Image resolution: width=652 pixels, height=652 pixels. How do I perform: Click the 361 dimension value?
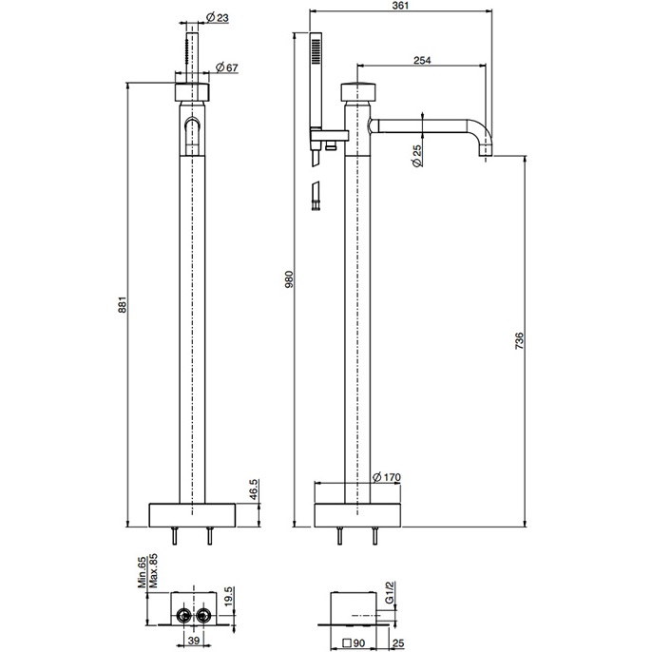(400, 6)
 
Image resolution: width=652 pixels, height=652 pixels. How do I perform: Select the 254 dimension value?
(422, 60)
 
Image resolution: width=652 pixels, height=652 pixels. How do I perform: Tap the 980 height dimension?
(289, 279)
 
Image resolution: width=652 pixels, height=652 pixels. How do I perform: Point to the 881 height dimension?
(122, 304)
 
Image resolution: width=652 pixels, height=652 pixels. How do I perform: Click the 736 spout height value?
(519, 340)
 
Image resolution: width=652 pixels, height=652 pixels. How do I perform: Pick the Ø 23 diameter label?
(217, 17)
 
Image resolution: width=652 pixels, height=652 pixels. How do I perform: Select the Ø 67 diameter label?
(227, 67)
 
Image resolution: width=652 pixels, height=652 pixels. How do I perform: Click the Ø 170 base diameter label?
(387, 477)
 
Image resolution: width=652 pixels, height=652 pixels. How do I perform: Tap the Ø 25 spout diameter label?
(416, 156)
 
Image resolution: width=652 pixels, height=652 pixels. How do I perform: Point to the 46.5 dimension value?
(254, 489)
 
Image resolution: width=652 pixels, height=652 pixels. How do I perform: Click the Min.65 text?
(143, 573)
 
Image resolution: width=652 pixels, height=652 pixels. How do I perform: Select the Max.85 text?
(153, 571)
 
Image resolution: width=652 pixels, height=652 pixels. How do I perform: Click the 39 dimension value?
(194, 640)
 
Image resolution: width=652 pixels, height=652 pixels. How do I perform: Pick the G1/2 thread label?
(390, 593)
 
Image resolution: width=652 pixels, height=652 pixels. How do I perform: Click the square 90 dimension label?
(354, 643)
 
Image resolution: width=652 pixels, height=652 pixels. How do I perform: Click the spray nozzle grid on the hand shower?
(316, 51)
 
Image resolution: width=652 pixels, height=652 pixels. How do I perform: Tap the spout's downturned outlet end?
(486, 149)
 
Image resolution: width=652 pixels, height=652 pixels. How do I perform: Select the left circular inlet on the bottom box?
(183, 614)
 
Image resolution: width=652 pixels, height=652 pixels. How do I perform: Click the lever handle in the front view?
(192, 132)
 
